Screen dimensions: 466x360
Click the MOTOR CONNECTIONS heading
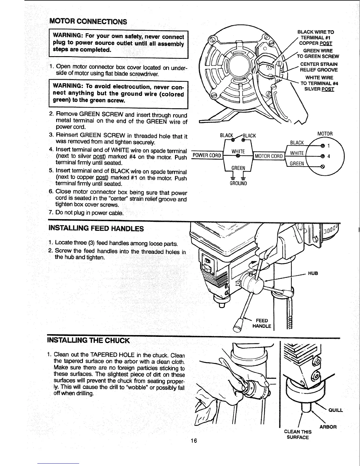pyautogui.click(x=88, y=21)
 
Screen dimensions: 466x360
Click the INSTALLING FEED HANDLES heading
pyautogui.click(x=96, y=229)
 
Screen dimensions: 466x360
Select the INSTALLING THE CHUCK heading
pyautogui.click(x=88, y=341)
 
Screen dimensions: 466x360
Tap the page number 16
pyautogui.click(x=193, y=440)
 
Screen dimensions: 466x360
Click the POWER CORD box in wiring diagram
pyautogui.click(x=206, y=156)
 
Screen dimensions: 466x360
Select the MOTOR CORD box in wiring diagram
pyautogui.click(x=269, y=156)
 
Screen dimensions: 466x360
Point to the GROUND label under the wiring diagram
pyautogui.click(x=238, y=184)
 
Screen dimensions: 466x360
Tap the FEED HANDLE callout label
pyautogui.click(x=262, y=323)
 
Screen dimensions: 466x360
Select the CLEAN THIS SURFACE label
pyautogui.click(x=298, y=435)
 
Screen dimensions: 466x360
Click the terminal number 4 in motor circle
pyautogui.click(x=329, y=157)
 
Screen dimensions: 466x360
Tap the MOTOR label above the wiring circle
pyautogui.click(x=325, y=134)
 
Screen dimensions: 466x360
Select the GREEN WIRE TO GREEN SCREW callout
pyautogui.click(x=318, y=54)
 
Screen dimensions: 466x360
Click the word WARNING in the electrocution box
pyautogui.click(x=67, y=86)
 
